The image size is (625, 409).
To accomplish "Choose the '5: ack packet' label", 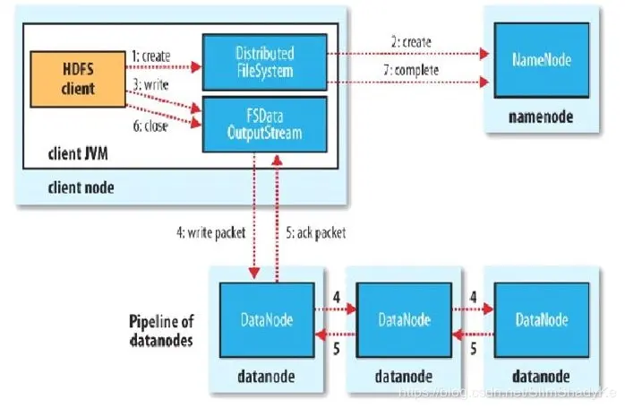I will click(313, 233).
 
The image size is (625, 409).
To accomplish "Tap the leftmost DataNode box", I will click(268, 318).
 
